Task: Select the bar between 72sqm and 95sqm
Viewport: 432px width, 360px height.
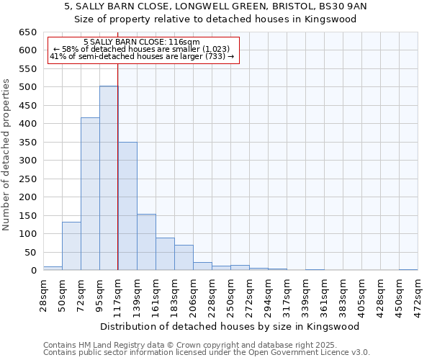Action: (90, 194)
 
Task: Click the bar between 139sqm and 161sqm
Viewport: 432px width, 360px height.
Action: (146, 242)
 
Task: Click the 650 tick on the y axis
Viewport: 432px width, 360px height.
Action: (27, 32)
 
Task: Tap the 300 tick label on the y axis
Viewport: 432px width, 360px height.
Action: (27, 161)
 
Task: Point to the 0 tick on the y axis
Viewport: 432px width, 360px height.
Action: (33, 271)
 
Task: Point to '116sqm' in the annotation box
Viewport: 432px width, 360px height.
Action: (186, 42)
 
